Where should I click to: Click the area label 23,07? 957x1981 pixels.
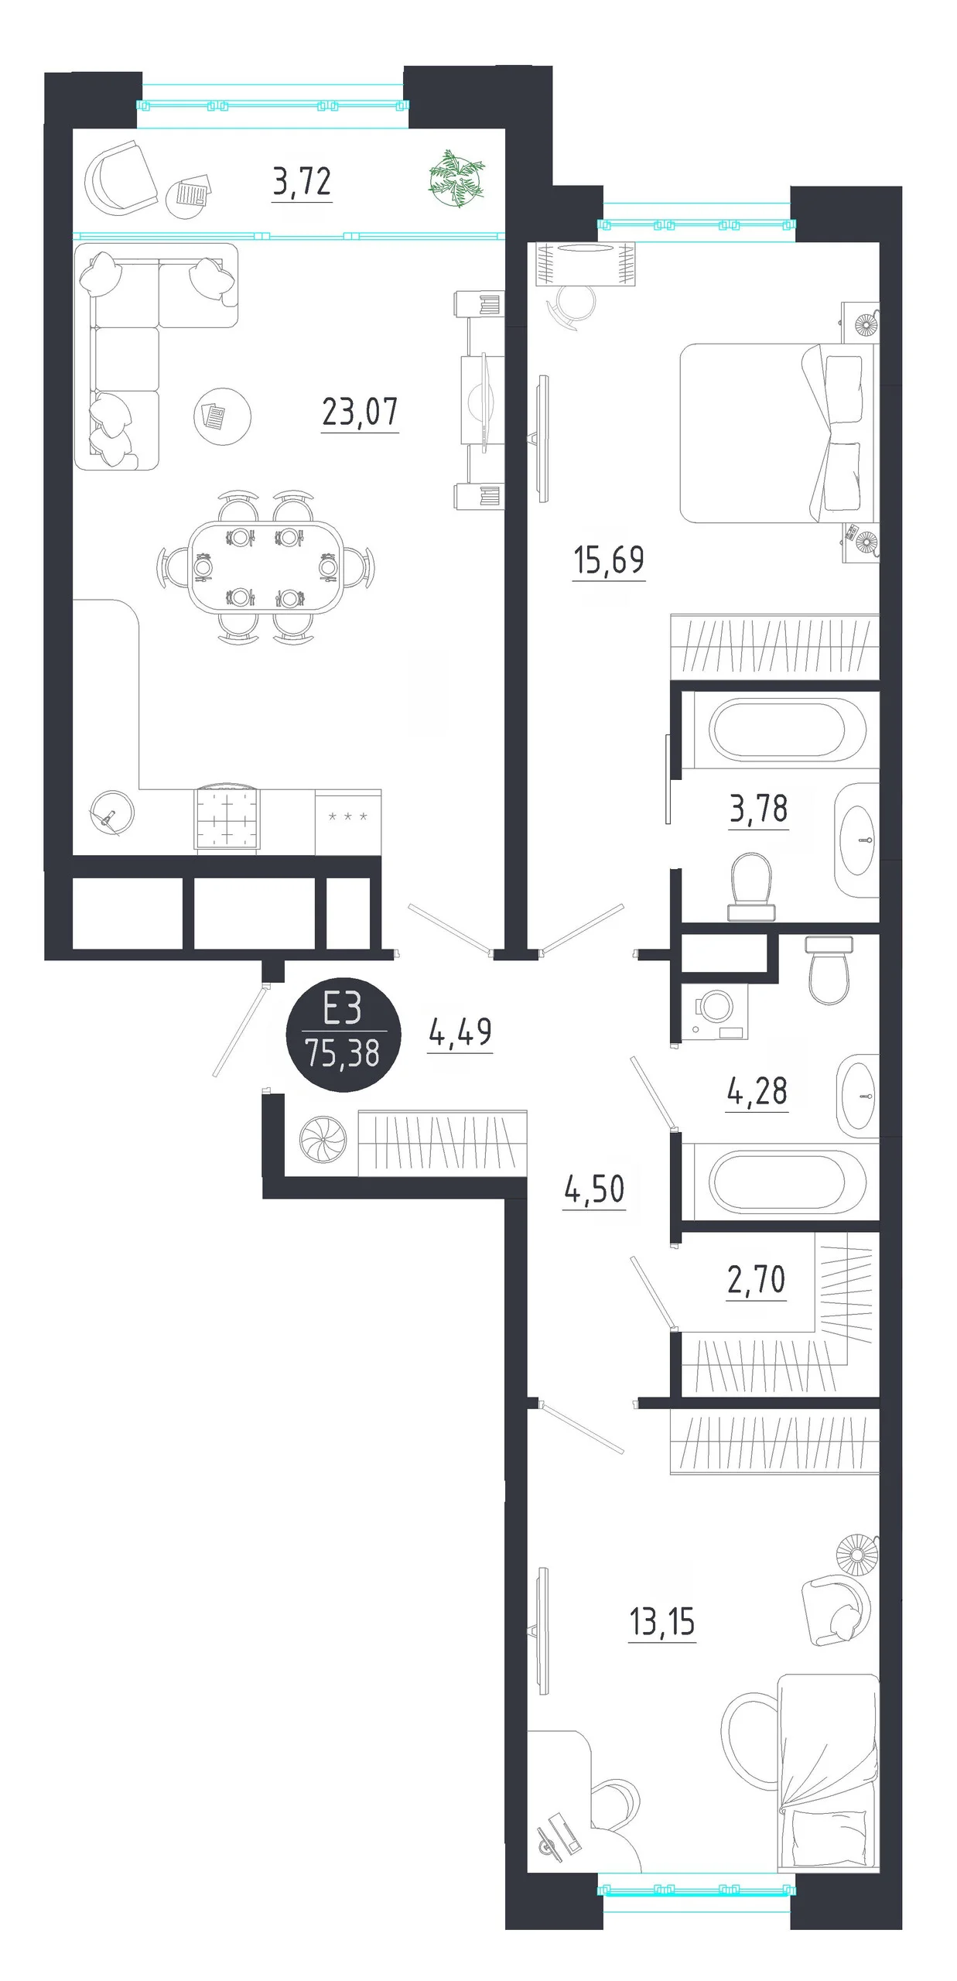(x=360, y=412)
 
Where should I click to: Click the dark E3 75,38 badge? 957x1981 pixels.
(x=343, y=1035)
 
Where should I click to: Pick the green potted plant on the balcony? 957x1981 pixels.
(x=457, y=180)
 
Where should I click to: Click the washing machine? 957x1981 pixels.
(x=714, y=1011)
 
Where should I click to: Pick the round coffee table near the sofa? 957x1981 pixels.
(x=222, y=416)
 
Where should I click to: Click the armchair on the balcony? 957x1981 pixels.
(x=120, y=179)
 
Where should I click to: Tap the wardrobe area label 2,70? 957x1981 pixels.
(x=756, y=1279)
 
